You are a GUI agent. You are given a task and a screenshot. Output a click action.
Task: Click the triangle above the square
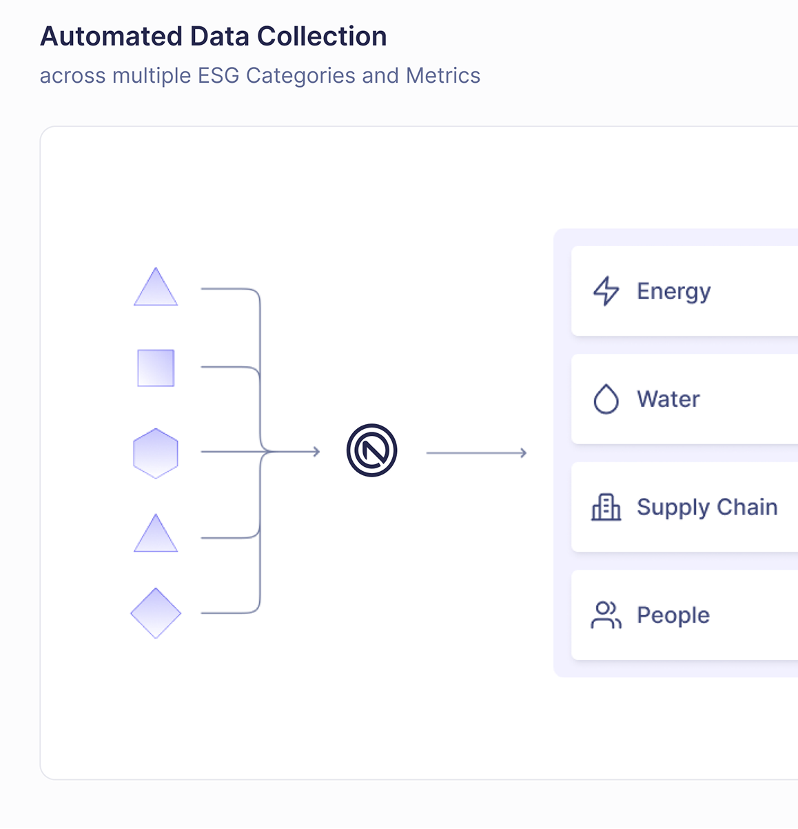point(156,289)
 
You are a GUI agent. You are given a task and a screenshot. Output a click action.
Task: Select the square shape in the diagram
point(156,368)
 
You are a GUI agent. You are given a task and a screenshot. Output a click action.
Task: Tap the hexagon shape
point(156,453)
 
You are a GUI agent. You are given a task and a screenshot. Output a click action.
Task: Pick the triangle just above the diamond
point(156,535)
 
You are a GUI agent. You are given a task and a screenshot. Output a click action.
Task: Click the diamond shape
point(156,613)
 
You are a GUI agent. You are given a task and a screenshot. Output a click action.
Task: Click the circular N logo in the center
point(372,450)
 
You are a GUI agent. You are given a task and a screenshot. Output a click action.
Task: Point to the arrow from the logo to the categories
point(476,453)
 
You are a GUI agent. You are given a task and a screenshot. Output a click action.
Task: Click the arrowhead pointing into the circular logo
point(316,452)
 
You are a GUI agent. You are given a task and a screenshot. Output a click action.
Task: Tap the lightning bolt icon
point(606,291)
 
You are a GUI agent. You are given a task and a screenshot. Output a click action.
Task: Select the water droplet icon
point(606,399)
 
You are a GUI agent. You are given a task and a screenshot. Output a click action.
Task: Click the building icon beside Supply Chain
point(606,507)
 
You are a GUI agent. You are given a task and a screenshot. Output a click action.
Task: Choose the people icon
point(606,615)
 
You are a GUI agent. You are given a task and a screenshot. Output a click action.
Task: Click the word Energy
point(673,291)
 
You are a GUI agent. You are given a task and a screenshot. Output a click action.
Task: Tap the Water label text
point(668,399)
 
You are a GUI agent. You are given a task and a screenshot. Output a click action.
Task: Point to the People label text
point(673,615)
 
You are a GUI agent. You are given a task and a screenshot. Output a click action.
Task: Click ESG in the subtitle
point(218,75)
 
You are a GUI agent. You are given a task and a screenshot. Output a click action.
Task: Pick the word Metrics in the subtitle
point(443,75)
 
